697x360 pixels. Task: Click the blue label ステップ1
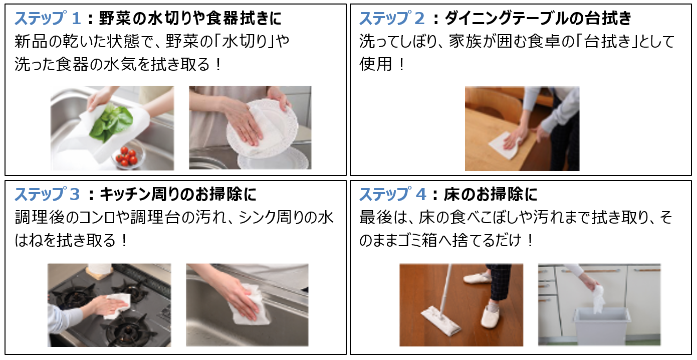pos(48,18)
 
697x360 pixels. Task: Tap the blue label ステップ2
pos(392,18)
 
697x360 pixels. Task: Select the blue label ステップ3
pos(47,195)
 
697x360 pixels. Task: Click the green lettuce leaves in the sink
pos(110,123)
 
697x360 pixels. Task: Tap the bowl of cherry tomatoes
pos(128,156)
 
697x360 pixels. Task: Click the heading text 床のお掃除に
pos(491,195)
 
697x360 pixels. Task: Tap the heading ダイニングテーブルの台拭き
pos(538,18)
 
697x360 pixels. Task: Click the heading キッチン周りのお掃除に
pos(178,195)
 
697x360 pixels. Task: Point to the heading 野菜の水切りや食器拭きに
pos(190,18)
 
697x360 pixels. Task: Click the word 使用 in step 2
pos(375,64)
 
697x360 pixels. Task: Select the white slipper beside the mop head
pos(490,315)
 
